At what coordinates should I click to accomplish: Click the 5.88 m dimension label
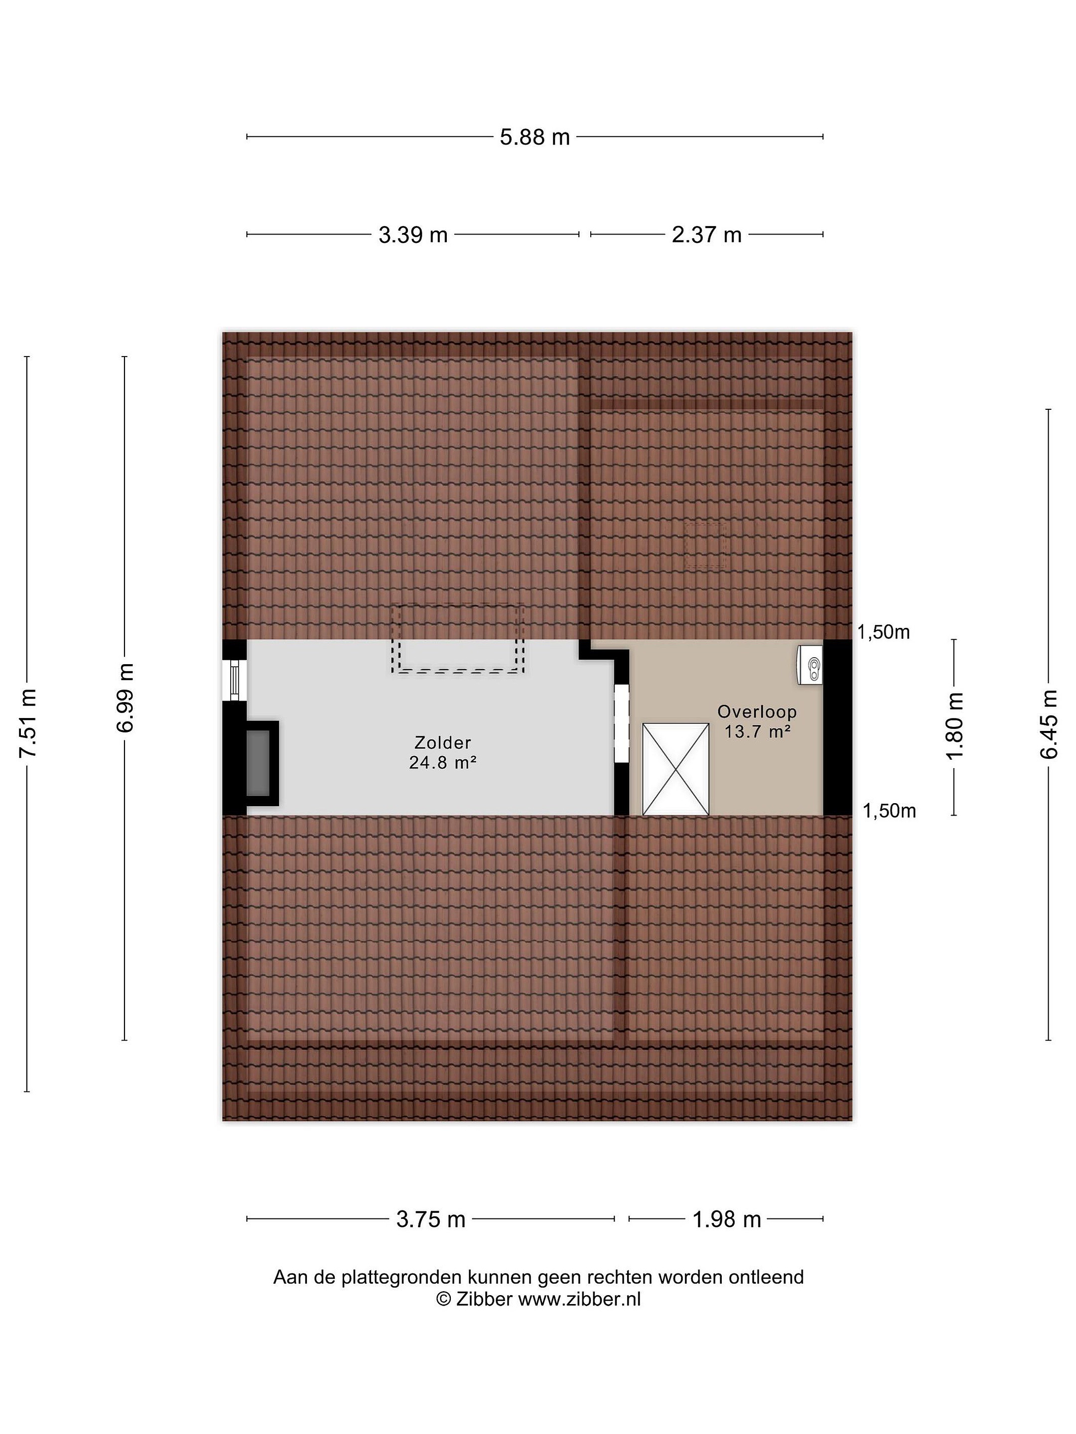(535, 137)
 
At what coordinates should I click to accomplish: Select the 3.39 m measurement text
(413, 235)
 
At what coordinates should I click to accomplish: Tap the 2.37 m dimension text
(706, 235)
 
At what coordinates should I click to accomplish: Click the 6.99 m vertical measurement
(125, 698)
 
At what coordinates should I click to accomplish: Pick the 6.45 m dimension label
(1049, 723)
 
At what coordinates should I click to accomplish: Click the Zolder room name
(442, 742)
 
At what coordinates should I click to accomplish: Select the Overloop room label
(757, 712)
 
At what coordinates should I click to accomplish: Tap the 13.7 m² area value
(757, 732)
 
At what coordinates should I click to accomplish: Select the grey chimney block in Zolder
(258, 763)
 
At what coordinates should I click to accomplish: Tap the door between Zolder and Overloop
(622, 723)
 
